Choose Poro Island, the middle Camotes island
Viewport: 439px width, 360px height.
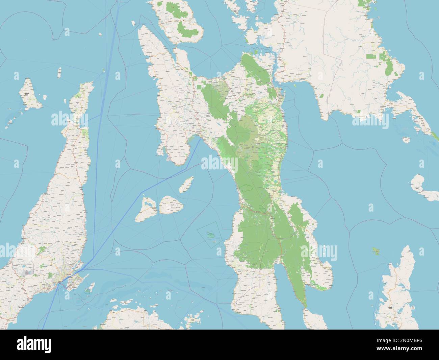[x=172, y=205]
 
